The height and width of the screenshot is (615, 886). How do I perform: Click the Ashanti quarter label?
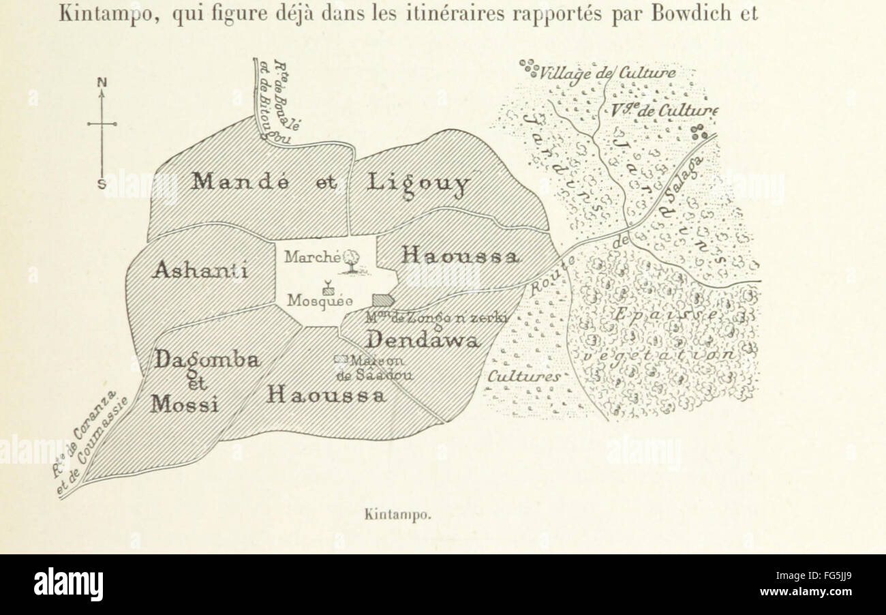click(200, 270)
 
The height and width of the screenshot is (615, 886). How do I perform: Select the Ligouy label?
click(418, 183)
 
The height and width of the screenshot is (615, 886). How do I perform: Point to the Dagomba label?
click(207, 359)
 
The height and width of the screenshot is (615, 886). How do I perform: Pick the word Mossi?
click(185, 404)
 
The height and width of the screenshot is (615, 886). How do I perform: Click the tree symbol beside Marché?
click(352, 260)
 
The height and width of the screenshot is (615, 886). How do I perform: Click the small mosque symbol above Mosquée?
click(328, 286)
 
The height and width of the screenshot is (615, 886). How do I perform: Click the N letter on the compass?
click(102, 82)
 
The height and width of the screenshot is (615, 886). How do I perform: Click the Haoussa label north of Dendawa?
click(461, 256)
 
